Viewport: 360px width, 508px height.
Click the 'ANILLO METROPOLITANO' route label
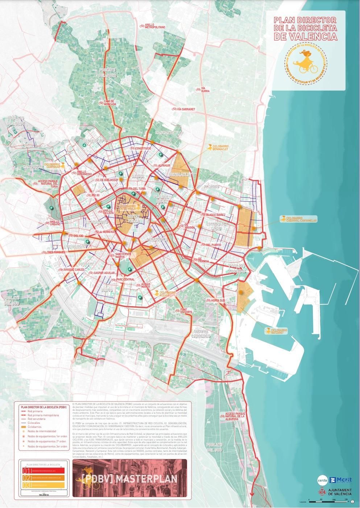tap(154, 26)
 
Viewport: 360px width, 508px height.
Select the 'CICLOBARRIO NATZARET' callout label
tap(278, 331)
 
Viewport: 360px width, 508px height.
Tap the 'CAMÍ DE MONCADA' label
tap(109, 103)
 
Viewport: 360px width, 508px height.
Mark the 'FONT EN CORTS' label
tap(186, 311)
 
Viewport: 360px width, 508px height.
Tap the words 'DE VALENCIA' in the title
tap(305, 36)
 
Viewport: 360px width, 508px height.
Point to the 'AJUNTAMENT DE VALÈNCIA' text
tap(340, 492)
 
